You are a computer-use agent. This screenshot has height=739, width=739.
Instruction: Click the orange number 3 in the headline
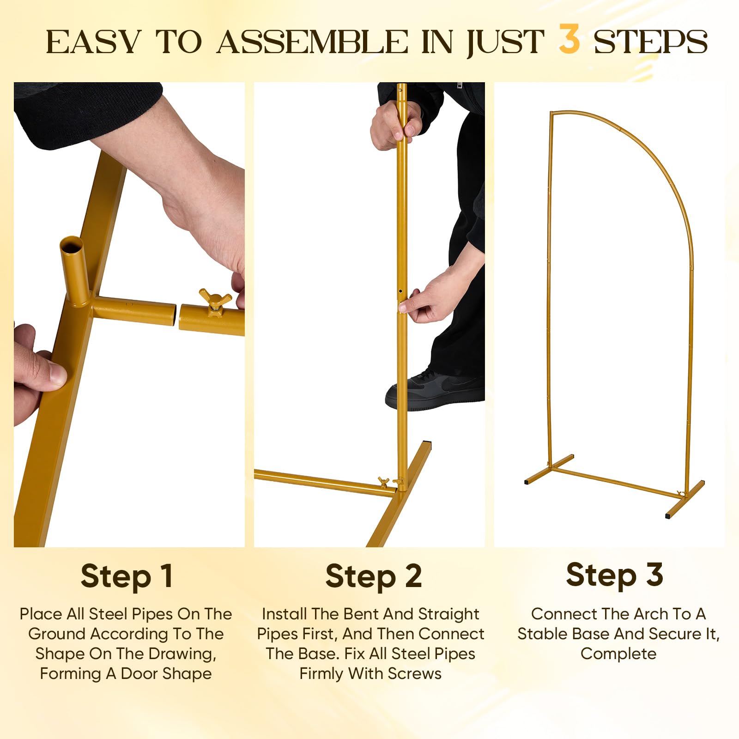coord(569,39)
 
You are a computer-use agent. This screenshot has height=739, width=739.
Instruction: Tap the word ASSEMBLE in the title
coord(313,42)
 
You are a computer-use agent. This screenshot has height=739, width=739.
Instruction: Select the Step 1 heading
coord(127,576)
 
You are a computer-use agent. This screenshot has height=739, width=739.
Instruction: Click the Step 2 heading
coord(374,576)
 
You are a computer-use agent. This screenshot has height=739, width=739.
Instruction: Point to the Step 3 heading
coord(615,575)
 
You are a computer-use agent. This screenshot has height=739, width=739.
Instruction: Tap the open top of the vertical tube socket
coord(72,242)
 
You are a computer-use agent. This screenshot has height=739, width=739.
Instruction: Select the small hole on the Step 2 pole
coord(400,292)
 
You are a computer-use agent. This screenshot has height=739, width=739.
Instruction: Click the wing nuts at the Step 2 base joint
coord(390,483)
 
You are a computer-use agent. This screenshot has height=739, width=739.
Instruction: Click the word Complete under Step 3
coord(618,654)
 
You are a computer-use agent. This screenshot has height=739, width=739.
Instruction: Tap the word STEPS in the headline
coord(650,42)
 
